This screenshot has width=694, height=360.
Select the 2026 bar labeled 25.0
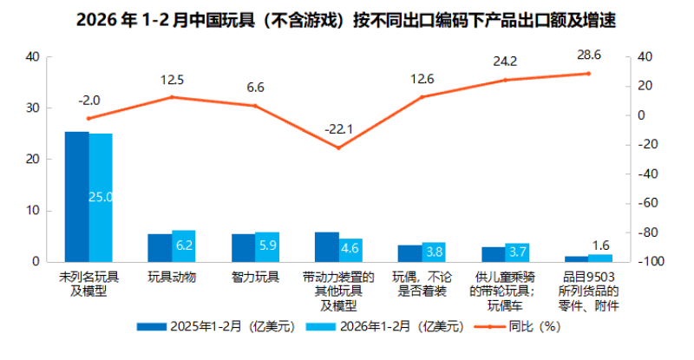[101, 197]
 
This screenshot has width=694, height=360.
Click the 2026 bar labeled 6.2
[184, 245]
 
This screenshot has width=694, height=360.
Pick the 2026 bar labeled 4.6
[350, 250]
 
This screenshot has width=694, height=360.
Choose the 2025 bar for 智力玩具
[243, 247]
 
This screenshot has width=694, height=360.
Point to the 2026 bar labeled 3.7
[517, 252]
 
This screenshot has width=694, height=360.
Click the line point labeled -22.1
[338, 147]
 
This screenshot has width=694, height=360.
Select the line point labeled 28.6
[588, 74]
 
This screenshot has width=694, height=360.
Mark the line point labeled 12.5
[172, 97]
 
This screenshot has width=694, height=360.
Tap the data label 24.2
[504, 62]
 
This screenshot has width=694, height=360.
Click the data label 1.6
[600, 245]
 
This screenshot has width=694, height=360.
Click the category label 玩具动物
[172, 278]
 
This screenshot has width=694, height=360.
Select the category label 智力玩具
[255, 278]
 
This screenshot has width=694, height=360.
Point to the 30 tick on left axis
[34, 108]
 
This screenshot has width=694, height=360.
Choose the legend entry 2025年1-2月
[214, 327]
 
